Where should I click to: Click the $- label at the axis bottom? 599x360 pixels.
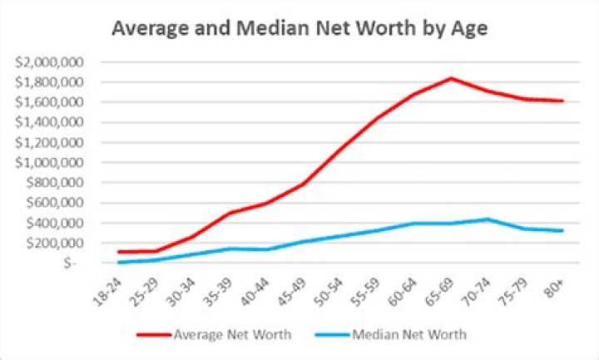coord(71,263)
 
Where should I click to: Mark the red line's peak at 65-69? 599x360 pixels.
coord(451,78)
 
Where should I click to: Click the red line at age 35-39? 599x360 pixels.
coord(230,213)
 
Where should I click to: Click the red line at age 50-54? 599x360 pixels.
coord(341,150)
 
